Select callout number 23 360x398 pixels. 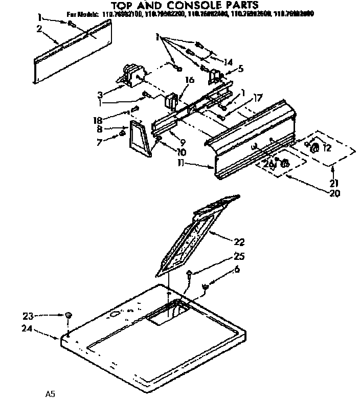[29, 316]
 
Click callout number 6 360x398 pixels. [236, 269]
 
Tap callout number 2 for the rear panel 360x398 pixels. [39, 29]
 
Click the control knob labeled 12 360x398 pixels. [315, 148]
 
